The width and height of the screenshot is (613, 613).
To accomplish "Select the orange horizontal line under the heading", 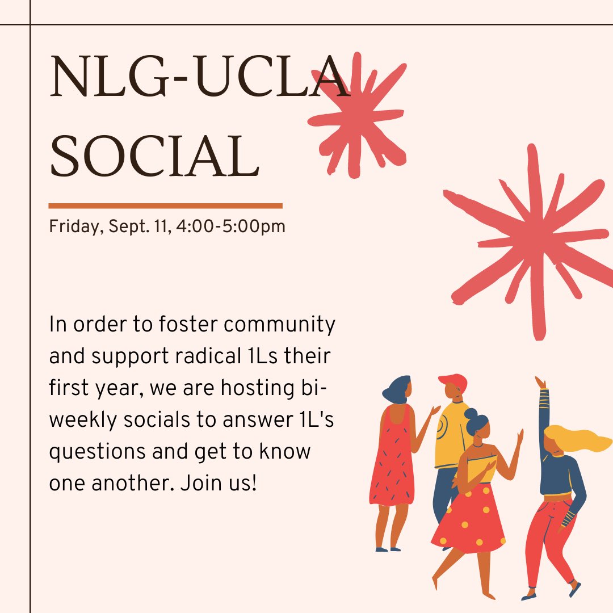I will click(x=165, y=205).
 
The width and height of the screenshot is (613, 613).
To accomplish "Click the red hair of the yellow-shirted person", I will click(x=452, y=382).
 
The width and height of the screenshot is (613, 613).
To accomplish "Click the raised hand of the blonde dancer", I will click(x=540, y=382).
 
